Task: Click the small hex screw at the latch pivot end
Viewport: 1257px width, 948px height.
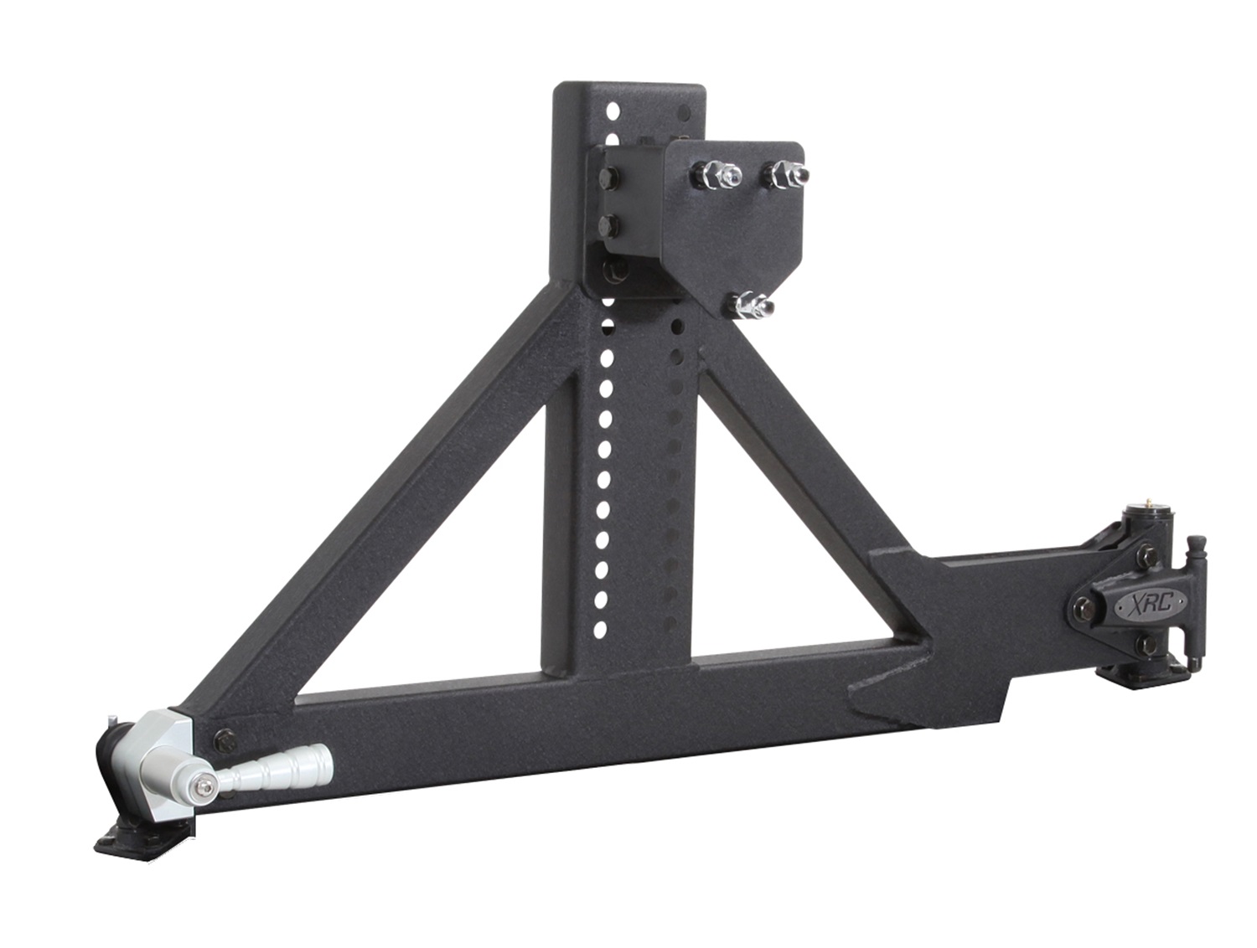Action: click(204, 785)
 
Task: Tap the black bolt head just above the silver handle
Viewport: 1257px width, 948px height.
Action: click(225, 738)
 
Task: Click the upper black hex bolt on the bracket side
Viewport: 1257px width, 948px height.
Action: click(609, 178)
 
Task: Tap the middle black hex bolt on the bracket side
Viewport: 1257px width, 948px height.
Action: click(610, 224)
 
